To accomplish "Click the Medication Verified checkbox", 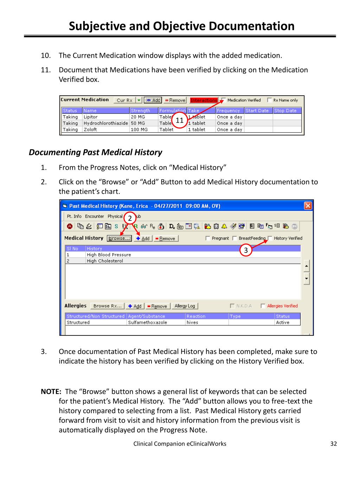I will [224, 100].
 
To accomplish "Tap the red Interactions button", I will [204, 100].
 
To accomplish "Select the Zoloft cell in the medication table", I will [90, 129].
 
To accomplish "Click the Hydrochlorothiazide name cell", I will [105, 123].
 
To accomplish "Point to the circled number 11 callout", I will [180, 121].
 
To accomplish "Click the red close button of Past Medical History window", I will [308, 206].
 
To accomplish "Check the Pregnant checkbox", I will [208, 238].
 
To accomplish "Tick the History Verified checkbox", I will [270, 238].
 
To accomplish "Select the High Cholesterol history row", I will [105, 261].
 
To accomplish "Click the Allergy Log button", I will [185, 306].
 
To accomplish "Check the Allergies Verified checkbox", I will [263, 306].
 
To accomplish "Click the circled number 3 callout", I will [246, 250].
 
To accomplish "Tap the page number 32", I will [334, 444].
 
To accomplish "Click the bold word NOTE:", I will [51, 392].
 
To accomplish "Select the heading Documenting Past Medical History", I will [95, 152].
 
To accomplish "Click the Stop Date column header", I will [285, 110].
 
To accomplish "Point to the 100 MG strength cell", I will [139, 129].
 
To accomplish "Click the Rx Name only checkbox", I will [270, 100].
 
